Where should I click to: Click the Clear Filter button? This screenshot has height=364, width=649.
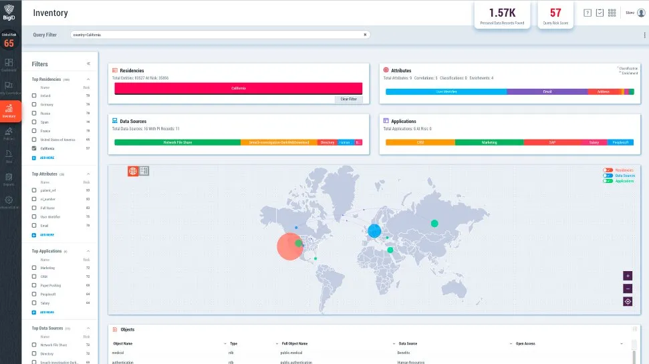pos(348,99)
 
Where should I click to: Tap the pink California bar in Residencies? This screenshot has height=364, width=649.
pos(239,88)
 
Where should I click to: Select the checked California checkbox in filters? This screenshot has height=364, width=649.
pos(34,148)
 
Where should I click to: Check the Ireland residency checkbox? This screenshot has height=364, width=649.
pos(34,96)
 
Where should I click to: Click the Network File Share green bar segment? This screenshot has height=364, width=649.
pos(177,142)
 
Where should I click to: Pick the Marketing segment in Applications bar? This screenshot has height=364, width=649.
pos(489,142)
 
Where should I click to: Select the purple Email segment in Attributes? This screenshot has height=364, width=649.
pos(547,92)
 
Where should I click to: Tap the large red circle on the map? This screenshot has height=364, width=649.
pos(290,246)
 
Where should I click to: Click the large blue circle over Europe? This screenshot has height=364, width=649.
pos(374,231)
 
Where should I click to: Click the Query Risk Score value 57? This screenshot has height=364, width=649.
pos(555,13)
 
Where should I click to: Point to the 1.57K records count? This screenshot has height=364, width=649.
pos(501,13)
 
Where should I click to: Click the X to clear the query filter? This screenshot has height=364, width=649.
pos(365,34)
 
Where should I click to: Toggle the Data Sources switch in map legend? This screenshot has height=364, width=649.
pos(608,176)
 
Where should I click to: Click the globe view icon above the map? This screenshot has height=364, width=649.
pos(133,171)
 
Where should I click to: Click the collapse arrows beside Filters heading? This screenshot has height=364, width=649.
pos(88,64)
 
